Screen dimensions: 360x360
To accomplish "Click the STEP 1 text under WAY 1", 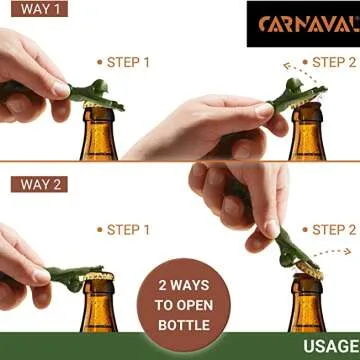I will [x=128, y=62].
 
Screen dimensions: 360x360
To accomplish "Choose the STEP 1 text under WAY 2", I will [x=128, y=229].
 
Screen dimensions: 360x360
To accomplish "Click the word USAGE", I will [x=330, y=347].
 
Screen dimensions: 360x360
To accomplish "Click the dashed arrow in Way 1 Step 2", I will [x=293, y=68].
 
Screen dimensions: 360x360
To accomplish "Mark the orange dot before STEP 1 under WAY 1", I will [x=99, y=62].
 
